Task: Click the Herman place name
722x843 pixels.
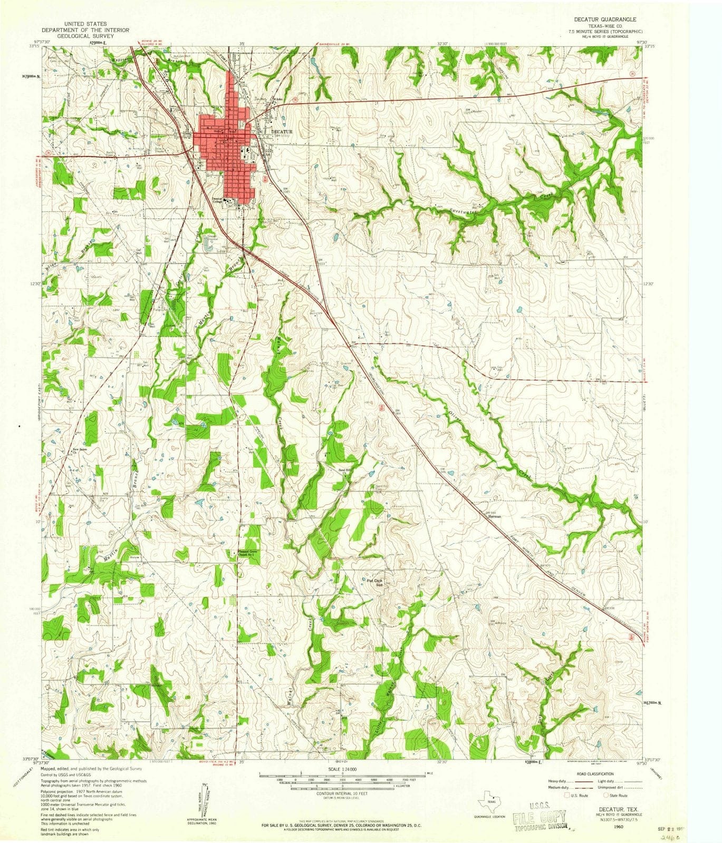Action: click(494, 516)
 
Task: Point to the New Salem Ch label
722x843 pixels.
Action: click(79, 451)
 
